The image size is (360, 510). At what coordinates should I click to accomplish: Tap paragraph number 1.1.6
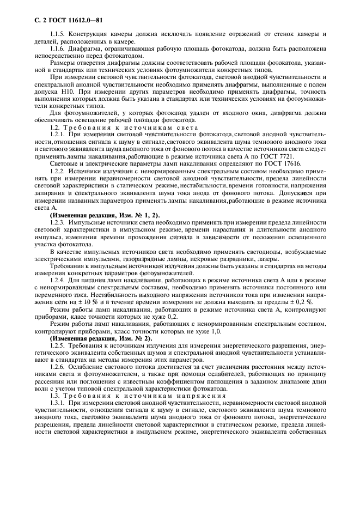pyautogui.click(x=57, y=48)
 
